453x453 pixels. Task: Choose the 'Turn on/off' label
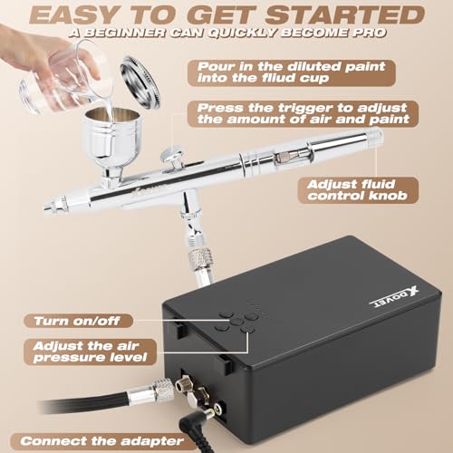click(x=84, y=320)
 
